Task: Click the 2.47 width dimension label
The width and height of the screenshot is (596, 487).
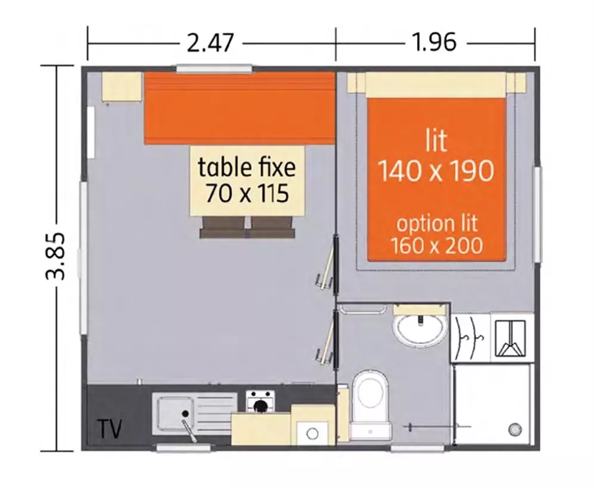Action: coord(210,42)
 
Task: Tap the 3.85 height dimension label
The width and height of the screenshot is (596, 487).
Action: coord(55,256)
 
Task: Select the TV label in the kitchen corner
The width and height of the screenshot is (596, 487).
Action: coord(110,429)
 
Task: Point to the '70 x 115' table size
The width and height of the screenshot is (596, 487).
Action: coord(247,194)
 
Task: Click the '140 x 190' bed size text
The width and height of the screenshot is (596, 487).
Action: coord(437,171)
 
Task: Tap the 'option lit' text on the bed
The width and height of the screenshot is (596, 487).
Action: coord(437,224)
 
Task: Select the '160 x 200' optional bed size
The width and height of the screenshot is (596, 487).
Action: coord(437,246)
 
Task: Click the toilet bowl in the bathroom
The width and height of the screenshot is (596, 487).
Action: coord(370,403)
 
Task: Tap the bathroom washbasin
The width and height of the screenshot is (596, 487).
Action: coord(420,329)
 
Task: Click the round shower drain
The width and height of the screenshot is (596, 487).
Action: coord(515,430)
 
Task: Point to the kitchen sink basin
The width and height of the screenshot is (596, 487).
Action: coord(176,414)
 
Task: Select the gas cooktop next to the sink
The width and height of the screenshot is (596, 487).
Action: coord(260,401)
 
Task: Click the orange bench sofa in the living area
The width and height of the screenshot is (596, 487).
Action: coord(240,108)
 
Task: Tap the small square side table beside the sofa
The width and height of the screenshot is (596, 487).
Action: coord(122,86)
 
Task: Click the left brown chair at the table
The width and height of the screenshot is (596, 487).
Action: coord(223,227)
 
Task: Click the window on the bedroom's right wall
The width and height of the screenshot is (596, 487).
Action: coord(537,214)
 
